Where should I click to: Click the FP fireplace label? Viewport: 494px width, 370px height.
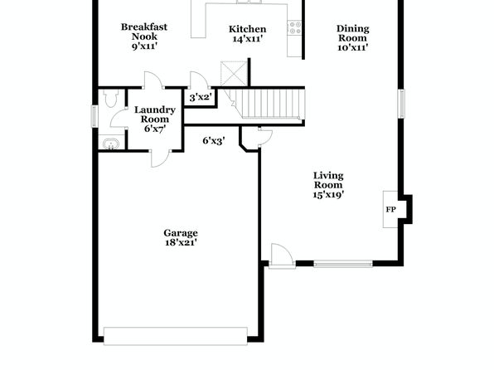(390, 209)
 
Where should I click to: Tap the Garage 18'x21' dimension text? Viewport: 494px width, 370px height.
(181, 242)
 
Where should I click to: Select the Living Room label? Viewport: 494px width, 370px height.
(328, 180)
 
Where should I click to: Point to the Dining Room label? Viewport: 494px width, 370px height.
(352, 33)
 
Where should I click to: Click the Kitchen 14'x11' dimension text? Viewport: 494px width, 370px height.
(248, 39)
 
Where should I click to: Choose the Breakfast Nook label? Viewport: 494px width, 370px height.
(144, 32)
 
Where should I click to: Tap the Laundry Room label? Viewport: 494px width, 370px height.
(155, 114)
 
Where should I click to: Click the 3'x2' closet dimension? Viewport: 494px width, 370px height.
(200, 97)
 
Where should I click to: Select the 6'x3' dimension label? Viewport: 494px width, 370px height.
(214, 141)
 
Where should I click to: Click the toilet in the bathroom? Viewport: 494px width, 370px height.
(110, 98)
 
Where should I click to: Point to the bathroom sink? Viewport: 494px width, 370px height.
(111, 144)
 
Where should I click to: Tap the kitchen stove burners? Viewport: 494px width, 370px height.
(295, 27)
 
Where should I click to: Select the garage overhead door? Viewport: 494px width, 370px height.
(176, 336)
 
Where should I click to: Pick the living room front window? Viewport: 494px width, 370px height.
(343, 264)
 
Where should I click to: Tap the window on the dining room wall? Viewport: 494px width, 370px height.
(401, 104)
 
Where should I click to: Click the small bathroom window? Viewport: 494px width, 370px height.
(94, 116)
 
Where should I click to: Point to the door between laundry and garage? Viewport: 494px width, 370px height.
(161, 158)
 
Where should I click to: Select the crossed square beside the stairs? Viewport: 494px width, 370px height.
(234, 74)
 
